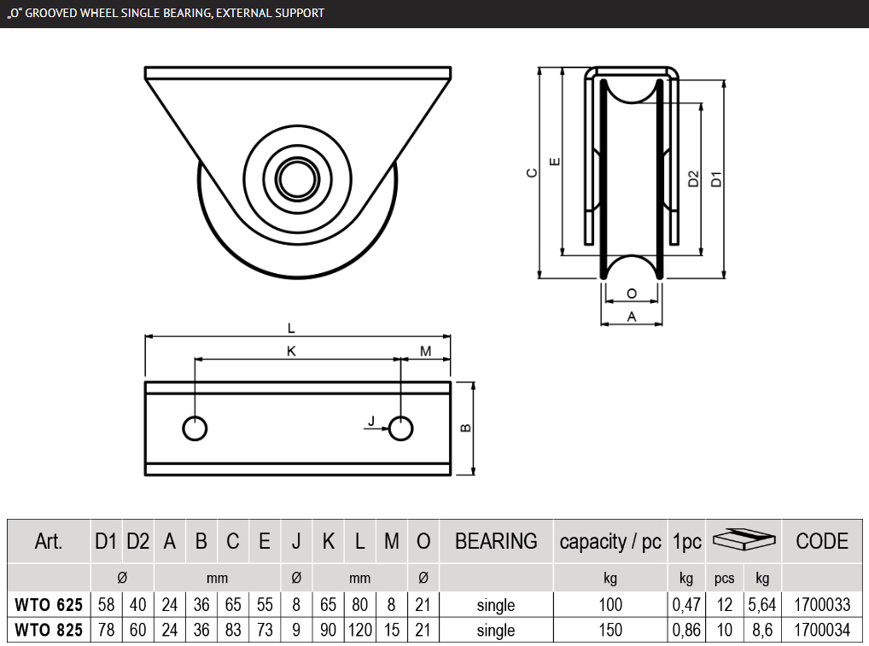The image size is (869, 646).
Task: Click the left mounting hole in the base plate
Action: point(195,428)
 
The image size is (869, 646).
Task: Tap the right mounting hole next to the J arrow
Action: point(400,428)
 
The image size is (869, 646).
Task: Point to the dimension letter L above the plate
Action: point(291,327)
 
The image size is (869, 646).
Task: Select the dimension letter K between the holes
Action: point(291,351)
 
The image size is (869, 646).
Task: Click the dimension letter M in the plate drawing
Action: point(425,351)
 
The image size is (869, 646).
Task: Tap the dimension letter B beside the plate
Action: point(466,428)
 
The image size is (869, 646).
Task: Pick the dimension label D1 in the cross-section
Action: point(717,179)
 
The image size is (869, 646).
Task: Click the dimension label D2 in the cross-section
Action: point(693,179)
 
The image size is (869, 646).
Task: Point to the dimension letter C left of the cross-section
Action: point(531,172)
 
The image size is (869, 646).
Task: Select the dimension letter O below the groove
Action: point(632,294)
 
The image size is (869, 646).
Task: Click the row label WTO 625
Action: point(49,605)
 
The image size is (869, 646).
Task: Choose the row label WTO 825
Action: point(49,631)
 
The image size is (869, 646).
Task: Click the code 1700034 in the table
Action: point(822,631)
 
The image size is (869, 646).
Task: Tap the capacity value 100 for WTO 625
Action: point(609,605)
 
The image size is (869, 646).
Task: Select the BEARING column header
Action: point(496,541)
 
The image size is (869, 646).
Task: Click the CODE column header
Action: point(822,541)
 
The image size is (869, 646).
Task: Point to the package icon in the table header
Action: point(743,539)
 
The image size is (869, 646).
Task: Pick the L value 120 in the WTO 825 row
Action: point(360,631)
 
